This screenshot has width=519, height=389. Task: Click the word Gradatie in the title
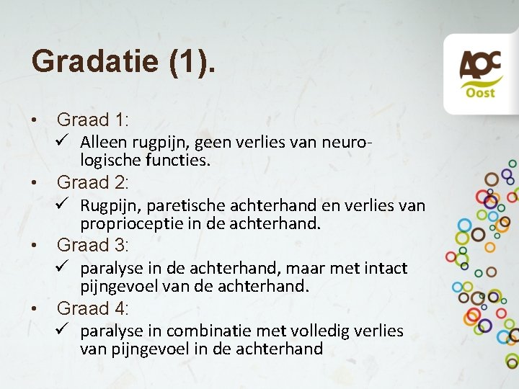pyautogui.click(x=94, y=61)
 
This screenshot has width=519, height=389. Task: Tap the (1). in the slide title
pyautogui.click(x=191, y=61)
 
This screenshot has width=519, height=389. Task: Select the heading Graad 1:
pyautogui.click(x=92, y=120)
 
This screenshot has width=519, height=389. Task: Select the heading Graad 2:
pyautogui.click(x=92, y=182)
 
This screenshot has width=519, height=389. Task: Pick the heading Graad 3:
pyautogui.click(x=92, y=245)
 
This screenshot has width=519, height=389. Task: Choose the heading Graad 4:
pyautogui.click(x=92, y=308)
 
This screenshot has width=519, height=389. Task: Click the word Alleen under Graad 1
pyautogui.click(x=102, y=142)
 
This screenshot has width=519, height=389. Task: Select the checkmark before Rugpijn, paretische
pyautogui.click(x=63, y=205)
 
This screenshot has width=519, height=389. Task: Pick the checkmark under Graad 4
pyautogui.click(x=63, y=330)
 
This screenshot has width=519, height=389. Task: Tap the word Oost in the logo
pyautogui.click(x=480, y=93)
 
